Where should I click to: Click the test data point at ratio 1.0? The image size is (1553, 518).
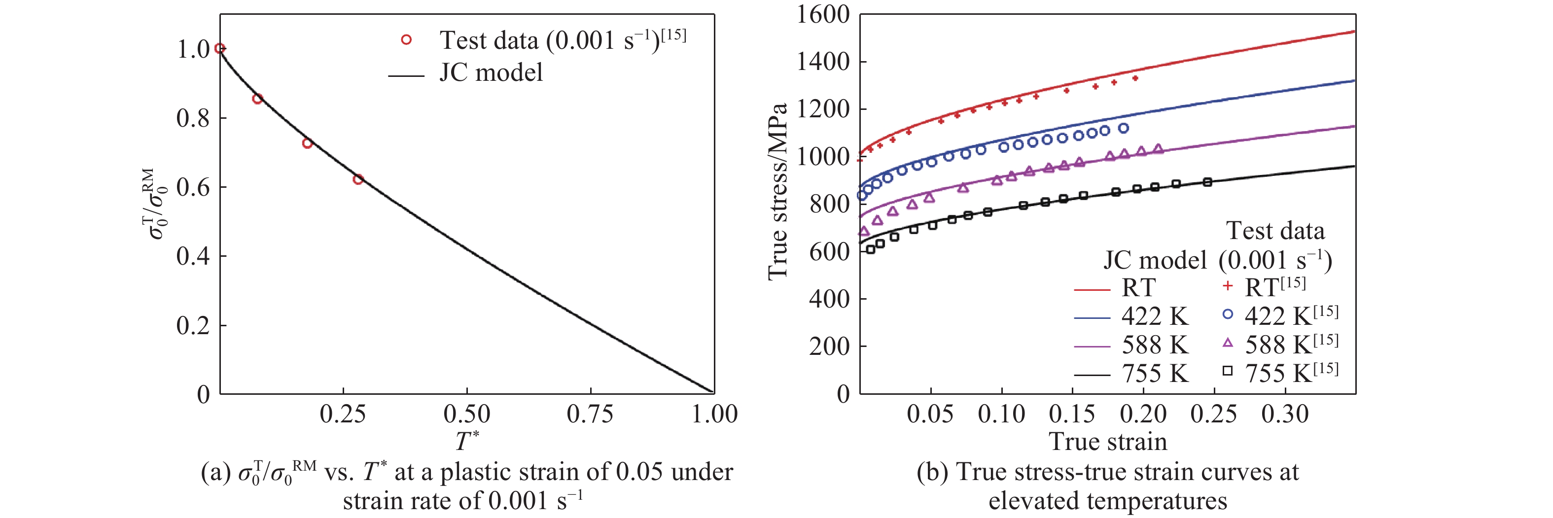click(220, 48)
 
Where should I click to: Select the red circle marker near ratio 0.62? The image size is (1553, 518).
click(358, 179)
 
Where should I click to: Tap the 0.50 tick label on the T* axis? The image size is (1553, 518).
click(466, 414)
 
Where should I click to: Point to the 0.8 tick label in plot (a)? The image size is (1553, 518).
click(193, 118)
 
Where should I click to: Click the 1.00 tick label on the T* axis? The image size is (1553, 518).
click(714, 414)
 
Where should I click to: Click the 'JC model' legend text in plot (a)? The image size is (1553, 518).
click(491, 72)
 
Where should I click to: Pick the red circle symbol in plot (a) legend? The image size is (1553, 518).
click(406, 40)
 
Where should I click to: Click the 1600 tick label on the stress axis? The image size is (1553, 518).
click(822, 14)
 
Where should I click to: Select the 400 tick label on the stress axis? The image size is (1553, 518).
click(829, 299)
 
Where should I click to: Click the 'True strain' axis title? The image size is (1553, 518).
click(1108, 442)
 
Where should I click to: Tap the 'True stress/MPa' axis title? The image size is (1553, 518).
click(777, 192)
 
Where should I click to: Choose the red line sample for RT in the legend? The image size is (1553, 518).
click(1092, 289)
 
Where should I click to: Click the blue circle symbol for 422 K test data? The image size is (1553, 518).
click(1228, 314)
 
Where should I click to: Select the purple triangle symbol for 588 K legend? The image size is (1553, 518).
click(1228, 343)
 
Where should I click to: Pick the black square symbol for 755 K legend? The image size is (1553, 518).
click(1228, 371)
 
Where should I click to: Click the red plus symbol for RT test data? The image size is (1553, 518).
click(1228, 286)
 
